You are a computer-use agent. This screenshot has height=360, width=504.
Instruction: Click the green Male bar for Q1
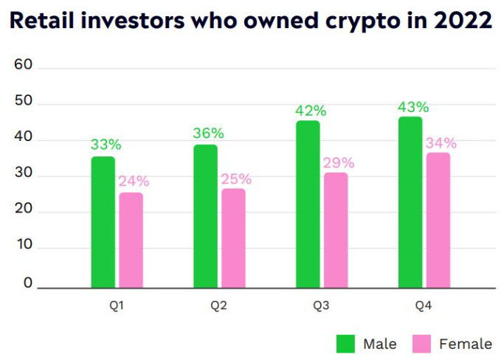[103, 221]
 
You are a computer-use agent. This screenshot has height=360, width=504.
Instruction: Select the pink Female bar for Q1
[131, 239]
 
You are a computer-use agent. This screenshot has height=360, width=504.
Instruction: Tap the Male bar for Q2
[206, 215]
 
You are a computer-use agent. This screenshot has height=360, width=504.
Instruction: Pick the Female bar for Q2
[234, 238]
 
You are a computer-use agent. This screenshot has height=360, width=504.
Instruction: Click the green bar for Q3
[308, 204]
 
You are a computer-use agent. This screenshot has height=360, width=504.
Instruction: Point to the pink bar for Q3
[336, 229]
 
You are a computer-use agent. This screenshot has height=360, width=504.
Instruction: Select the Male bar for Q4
[410, 201]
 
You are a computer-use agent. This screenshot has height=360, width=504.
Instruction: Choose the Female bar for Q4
[438, 219]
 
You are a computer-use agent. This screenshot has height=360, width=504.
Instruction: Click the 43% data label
[413, 107]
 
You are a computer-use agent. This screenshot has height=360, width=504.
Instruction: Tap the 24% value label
[134, 181]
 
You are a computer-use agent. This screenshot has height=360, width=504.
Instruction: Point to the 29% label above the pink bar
[339, 162]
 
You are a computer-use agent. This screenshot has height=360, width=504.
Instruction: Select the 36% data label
[208, 134]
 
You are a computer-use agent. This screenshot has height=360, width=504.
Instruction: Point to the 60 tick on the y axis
[24, 65]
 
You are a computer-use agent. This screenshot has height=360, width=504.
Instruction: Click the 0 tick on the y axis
[28, 283]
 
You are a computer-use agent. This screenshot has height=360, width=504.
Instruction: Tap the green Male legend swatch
[346, 344]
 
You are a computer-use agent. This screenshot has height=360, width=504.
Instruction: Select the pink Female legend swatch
[421, 344]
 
